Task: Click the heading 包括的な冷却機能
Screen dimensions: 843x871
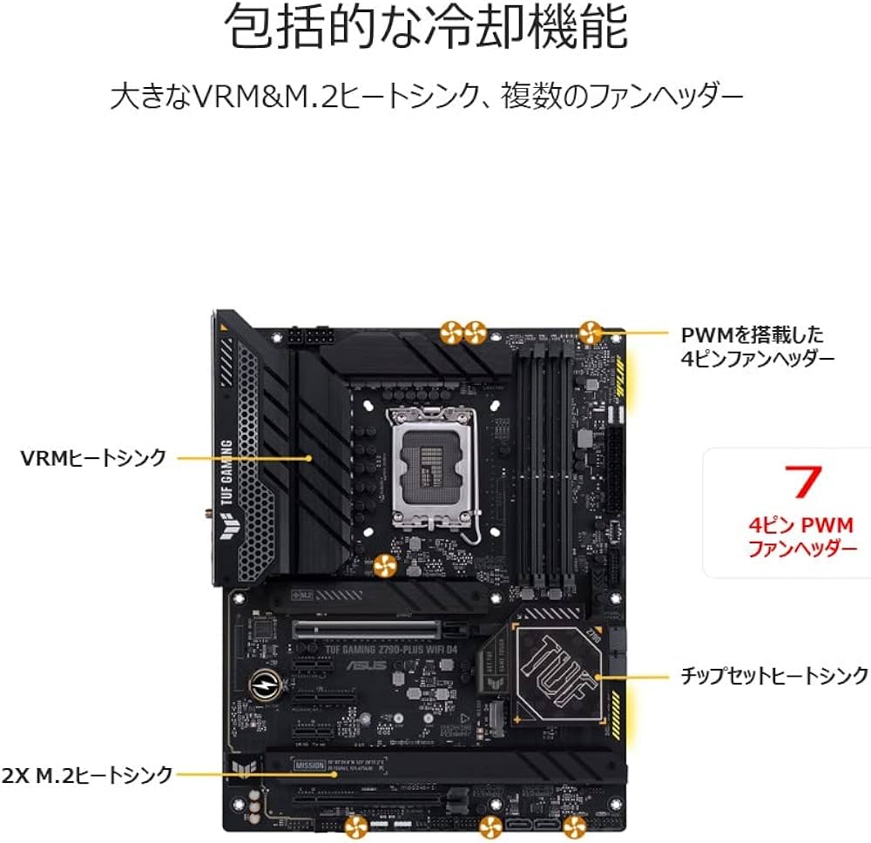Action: (427, 29)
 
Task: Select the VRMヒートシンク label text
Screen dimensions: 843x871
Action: (93, 457)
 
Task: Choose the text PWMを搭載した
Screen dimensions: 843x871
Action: (752, 334)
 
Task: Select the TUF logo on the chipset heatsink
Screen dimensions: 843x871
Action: (562, 672)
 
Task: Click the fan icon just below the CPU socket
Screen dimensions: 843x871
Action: (384, 567)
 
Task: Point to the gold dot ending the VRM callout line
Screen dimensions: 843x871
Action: (310, 456)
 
